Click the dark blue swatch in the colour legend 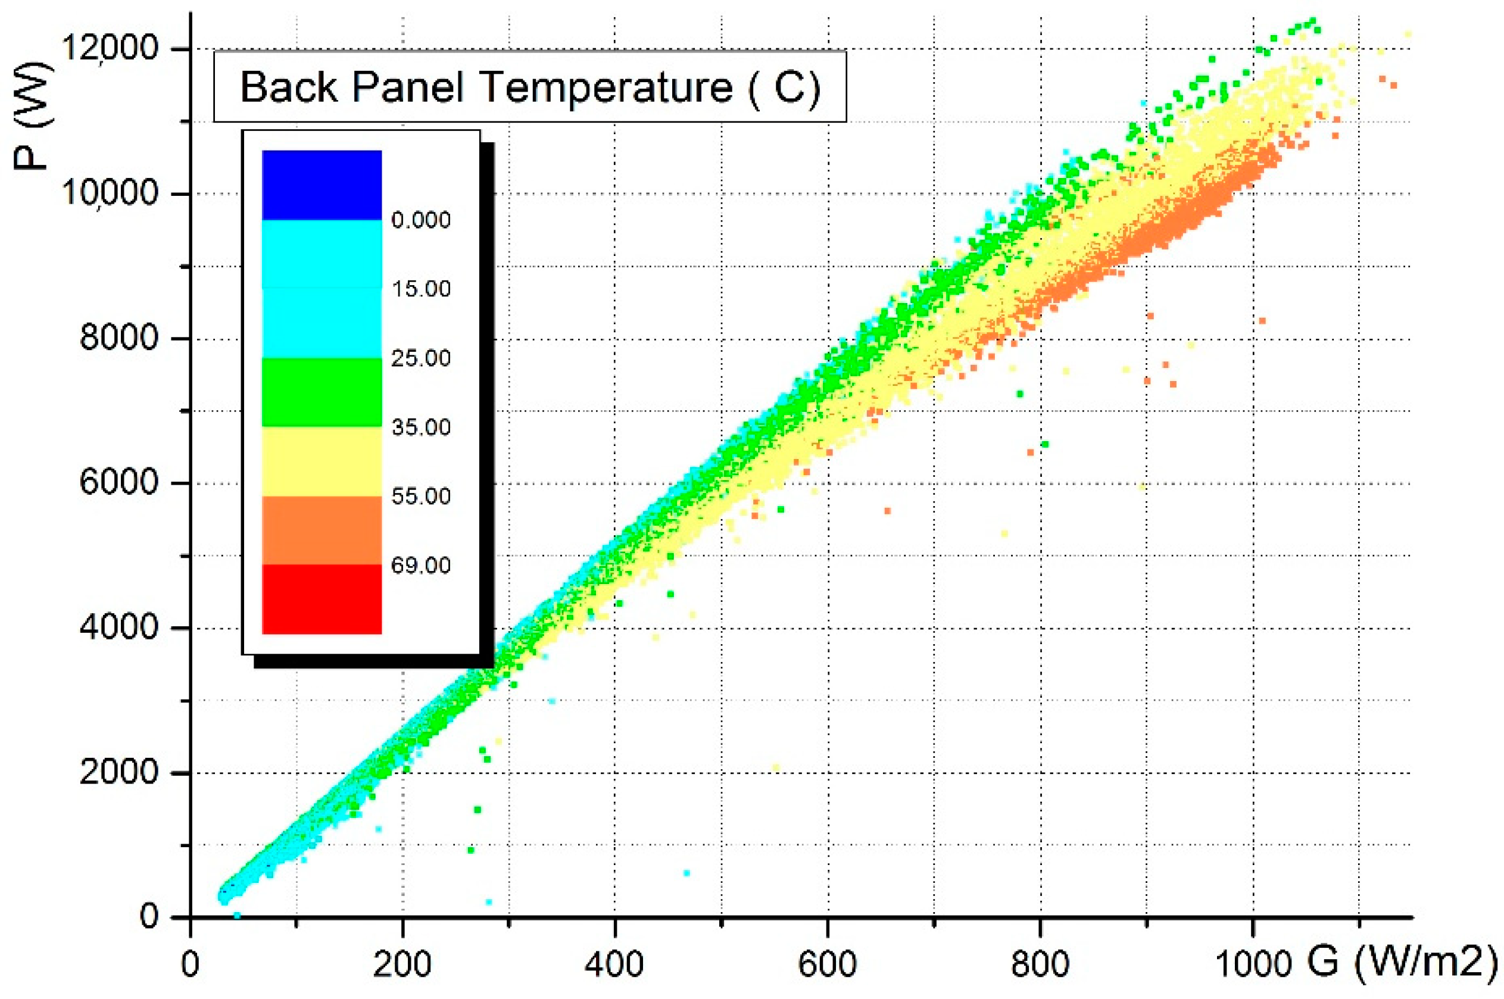click(x=322, y=185)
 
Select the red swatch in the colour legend click(x=322, y=599)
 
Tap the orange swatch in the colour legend click(x=322, y=530)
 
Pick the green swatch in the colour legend click(x=322, y=392)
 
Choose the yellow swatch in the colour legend click(x=322, y=461)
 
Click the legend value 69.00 click(x=420, y=565)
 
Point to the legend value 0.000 click(x=420, y=220)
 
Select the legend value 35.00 click(x=420, y=427)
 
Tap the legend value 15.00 click(x=420, y=289)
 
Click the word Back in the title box click(x=288, y=87)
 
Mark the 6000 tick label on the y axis click(x=118, y=482)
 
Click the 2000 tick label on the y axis click(x=118, y=772)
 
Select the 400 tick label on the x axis click(x=614, y=964)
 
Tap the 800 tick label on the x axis click(x=1040, y=964)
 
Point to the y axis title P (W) click(x=30, y=116)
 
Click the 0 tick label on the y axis click(x=149, y=916)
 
